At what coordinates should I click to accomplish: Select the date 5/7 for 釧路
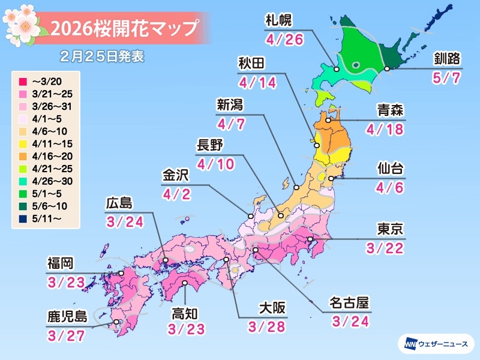pos(446,79)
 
